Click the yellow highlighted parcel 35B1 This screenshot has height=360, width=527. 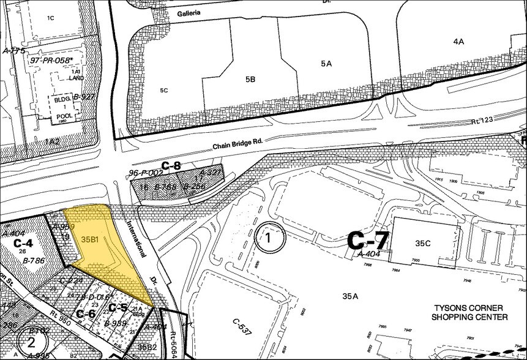pyautogui.click(x=98, y=245)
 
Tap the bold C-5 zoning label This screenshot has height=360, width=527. pyautogui.click(x=118, y=307)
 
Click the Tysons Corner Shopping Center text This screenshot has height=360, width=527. pyautogui.click(x=469, y=312)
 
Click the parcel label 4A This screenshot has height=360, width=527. pyautogui.click(x=459, y=42)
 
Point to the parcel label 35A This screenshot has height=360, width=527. pyautogui.click(x=349, y=296)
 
